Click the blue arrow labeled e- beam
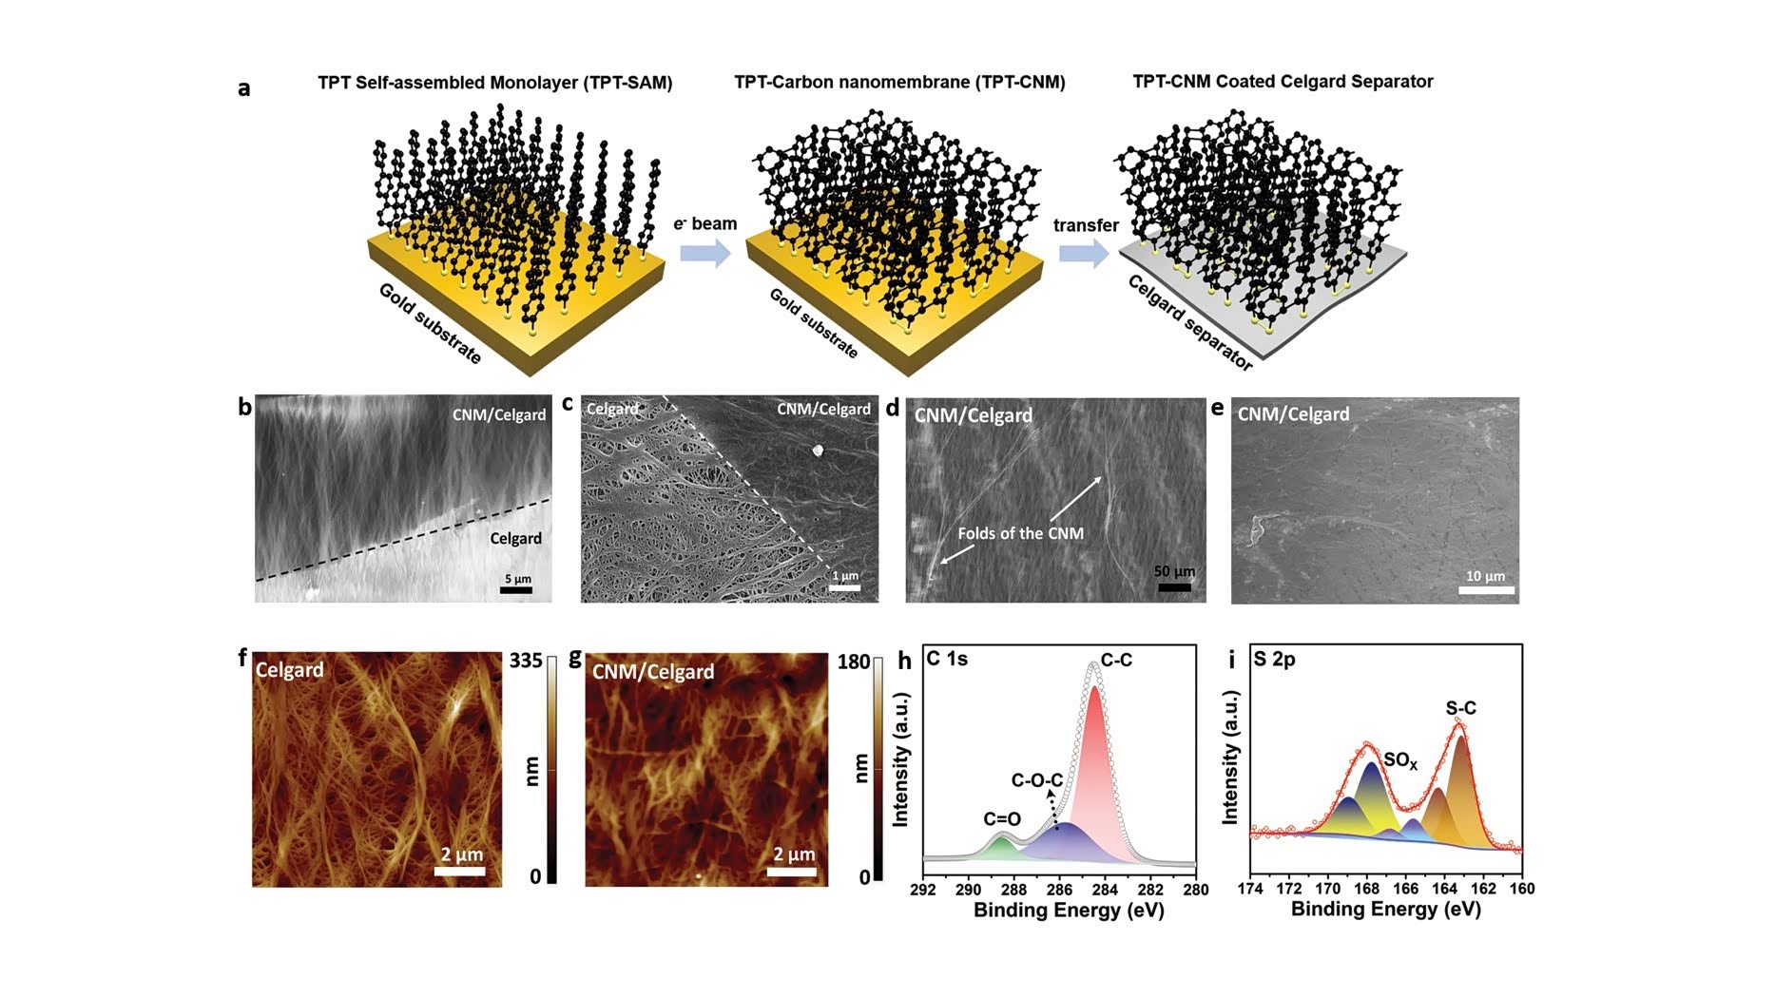point(704,253)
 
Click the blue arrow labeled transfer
point(1084,254)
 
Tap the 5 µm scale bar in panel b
point(516,590)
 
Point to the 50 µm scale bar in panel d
point(1174,587)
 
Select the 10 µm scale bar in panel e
point(1486,590)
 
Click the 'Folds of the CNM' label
point(1020,533)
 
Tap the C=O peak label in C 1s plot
point(1002,819)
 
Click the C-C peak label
point(1116,660)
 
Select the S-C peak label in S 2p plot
point(1460,708)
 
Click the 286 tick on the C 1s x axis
point(1059,890)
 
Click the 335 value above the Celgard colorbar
point(526,661)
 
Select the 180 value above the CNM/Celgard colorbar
point(854,662)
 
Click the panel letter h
point(905,660)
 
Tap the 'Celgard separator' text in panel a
point(1189,323)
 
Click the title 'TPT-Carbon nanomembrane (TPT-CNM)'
point(899,83)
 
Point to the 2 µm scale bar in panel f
point(460,870)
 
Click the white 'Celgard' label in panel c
point(611,410)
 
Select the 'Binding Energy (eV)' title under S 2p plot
point(1385,909)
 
